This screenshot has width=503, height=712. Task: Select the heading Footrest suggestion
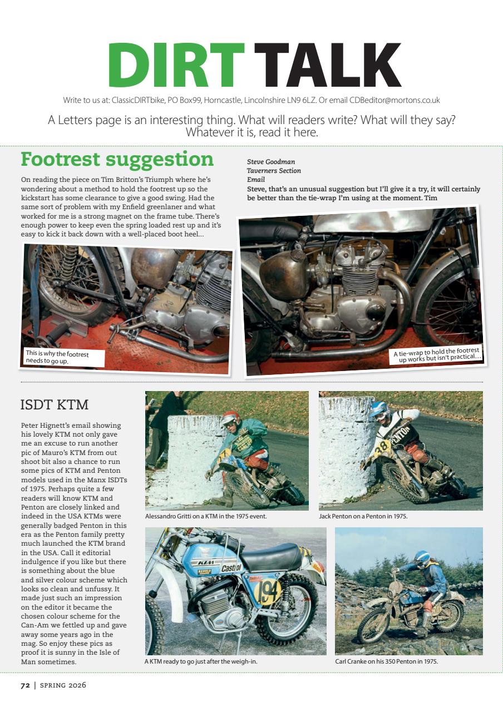coord(117,160)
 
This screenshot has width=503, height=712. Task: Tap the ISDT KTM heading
coord(54,403)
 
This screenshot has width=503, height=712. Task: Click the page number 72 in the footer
coord(25,685)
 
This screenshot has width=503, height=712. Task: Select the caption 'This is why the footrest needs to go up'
coord(57,357)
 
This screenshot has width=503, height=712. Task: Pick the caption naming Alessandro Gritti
coord(206,516)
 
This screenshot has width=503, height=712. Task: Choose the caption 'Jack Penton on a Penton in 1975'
coord(363,516)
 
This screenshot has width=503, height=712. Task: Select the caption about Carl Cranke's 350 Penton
coord(386,662)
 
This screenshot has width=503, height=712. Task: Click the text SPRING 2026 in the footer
coord(62,685)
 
